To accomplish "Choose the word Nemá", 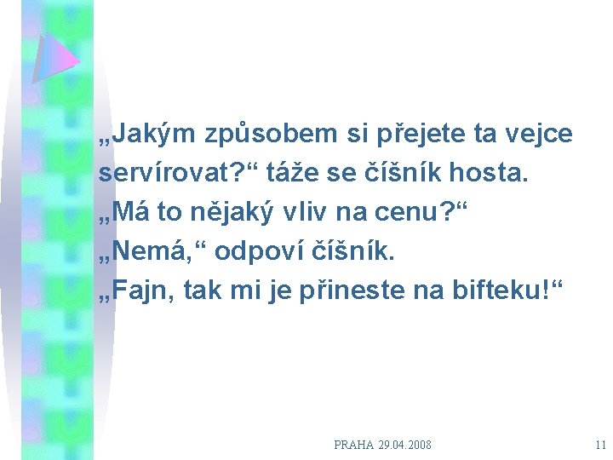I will [x=144, y=252].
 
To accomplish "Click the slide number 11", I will [x=600, y=445].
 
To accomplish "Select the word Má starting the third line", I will [x=124, y=213].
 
